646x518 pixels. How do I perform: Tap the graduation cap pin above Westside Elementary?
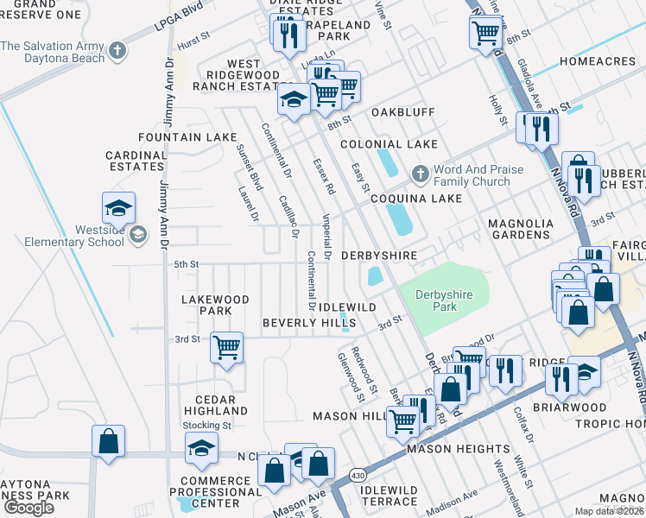click(118, 207)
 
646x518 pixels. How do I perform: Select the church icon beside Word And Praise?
click(420, 175)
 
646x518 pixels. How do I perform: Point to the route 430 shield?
click(358, 477)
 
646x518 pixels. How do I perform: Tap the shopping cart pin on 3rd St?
click(226, 348)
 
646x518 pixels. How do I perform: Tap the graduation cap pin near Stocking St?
click(200, 448)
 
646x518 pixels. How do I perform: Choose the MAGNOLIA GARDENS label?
click(519, 229)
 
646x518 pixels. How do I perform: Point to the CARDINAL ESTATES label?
click(136, 161)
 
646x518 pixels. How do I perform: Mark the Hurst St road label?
click(193, 38)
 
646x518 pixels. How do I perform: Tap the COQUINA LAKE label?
click(415, 198)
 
